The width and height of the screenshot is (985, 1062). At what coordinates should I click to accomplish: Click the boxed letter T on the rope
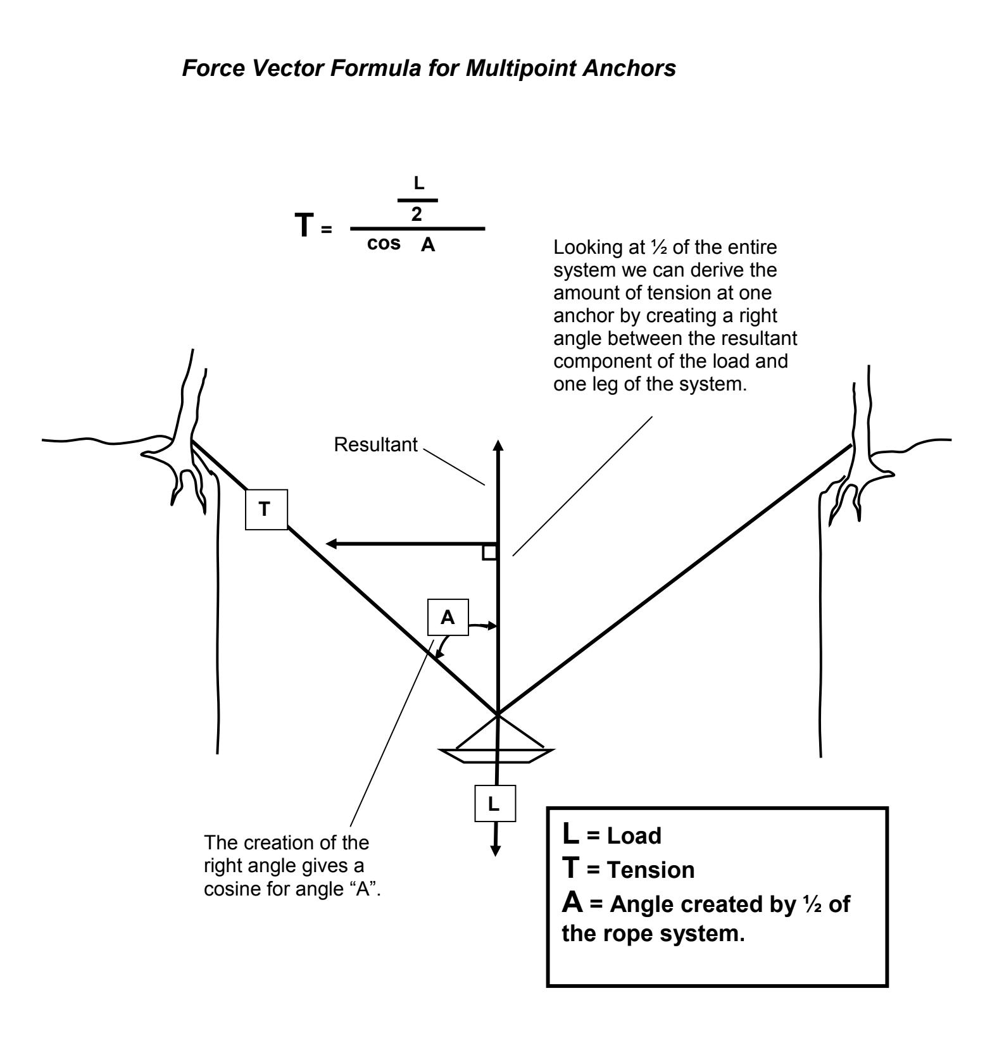(266, 509)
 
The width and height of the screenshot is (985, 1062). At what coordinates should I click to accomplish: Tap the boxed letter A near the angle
(448, 617)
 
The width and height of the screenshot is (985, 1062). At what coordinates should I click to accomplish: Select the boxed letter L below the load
(494, 804)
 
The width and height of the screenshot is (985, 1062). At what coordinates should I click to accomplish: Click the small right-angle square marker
(489, 553)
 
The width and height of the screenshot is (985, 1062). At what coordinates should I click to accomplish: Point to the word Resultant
(376, 445)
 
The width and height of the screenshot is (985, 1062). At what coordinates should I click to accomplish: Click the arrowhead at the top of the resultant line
(498, 445)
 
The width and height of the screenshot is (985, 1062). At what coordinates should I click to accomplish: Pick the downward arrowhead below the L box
(496, 850)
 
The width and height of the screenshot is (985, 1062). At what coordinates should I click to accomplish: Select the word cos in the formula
(384, 244)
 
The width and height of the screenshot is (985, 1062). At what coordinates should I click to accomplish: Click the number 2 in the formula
(417, 215)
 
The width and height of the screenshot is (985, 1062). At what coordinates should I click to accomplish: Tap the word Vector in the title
(292, 68)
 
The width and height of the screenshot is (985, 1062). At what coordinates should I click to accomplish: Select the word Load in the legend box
(634, 836)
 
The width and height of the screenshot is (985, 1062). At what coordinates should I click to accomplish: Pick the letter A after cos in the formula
(429, 246)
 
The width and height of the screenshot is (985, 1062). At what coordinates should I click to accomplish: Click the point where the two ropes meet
(498, 715)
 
